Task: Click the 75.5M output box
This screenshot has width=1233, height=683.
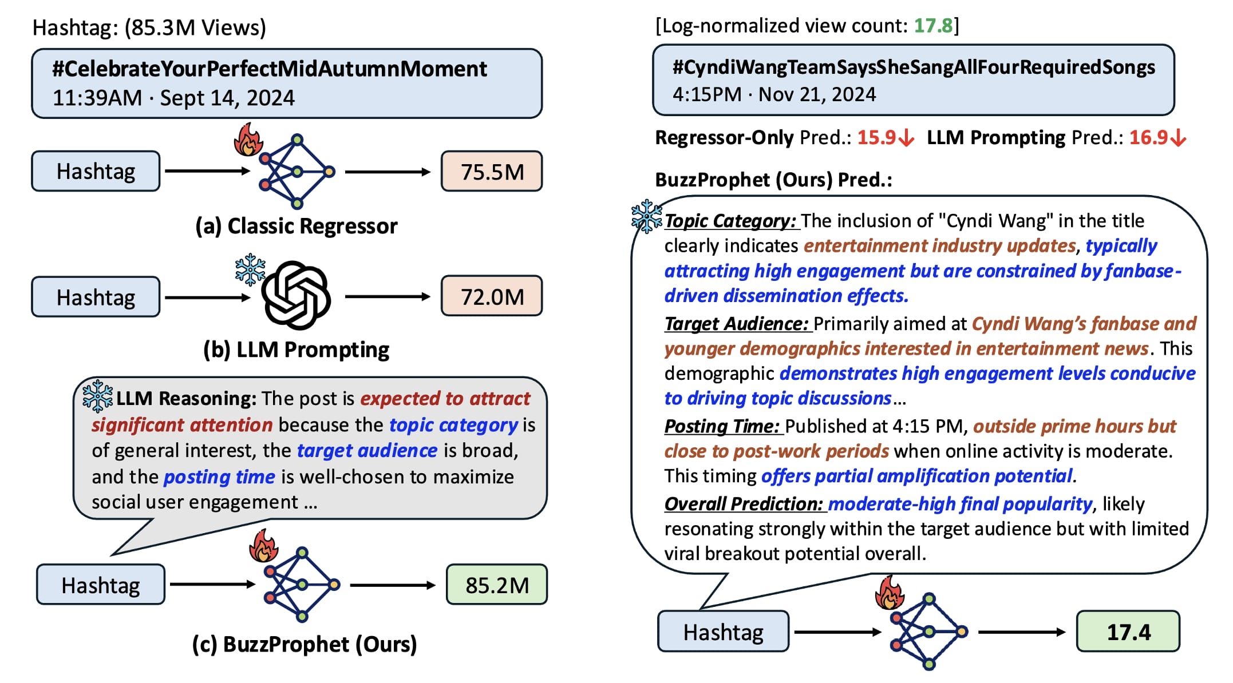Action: pyautogui.click(x=491, y=172)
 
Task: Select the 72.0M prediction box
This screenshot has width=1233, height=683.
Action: pyautogui.click(x=491, y=296)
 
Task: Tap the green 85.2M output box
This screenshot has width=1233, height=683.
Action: pyautogui.click(x=496, y=585)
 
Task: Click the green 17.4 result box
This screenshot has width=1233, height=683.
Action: pyautogui.click(x=1128, y=632)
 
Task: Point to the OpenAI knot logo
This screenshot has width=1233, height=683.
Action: pyautogui.click(x=296, y=295)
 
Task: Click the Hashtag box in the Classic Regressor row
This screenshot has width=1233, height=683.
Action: pyautogui.click(x=96, y=172)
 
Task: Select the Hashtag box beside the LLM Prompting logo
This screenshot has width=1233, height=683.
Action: pyautogui.click(x=96, y=297)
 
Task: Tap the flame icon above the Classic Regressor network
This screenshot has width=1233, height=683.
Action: pyautogui.click(x=248, y=140)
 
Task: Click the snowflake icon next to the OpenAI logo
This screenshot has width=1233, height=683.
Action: pyautogui.click(x=250, y=269)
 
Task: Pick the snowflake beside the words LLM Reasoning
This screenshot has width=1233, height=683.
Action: pyautogui.click(x=97, y=396)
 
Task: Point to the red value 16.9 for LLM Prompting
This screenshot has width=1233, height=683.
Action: pyautogui.click(x=1148, y=138)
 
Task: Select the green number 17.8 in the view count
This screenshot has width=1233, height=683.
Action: pyautogui.click(x=933, y=26)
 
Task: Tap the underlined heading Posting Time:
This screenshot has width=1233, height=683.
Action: pyautogui.click(x=722, y=426)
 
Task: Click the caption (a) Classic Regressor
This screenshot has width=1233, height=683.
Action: pyautogui.click(x=296, y=227)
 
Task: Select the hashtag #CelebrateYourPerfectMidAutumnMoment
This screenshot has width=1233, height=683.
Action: pyautogui.click(x=270, y=69)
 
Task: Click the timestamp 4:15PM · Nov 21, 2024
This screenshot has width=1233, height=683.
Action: pyautogui.click(x=774, y=94)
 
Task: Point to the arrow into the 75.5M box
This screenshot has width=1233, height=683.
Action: pyautogui.click(x=388, y=172)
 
